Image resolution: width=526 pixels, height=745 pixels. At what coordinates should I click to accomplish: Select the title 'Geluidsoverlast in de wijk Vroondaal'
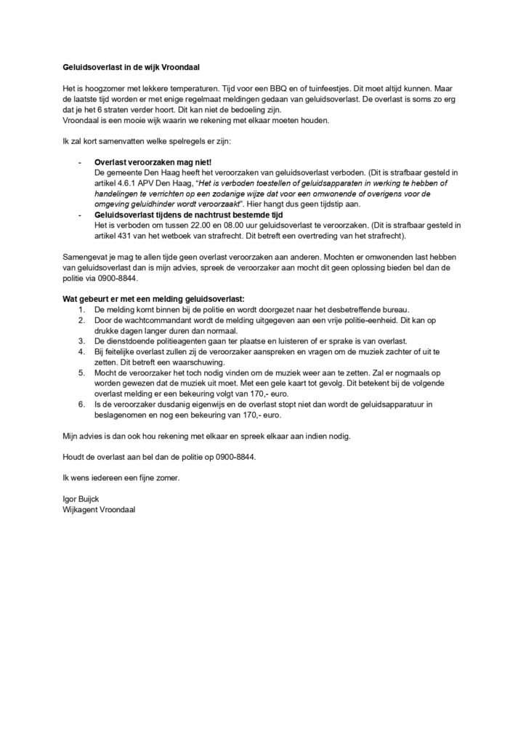tap(129, 66)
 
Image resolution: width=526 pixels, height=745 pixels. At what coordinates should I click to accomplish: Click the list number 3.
tap(81, 341)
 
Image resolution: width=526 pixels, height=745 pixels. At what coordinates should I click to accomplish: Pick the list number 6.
tap(81, 404)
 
